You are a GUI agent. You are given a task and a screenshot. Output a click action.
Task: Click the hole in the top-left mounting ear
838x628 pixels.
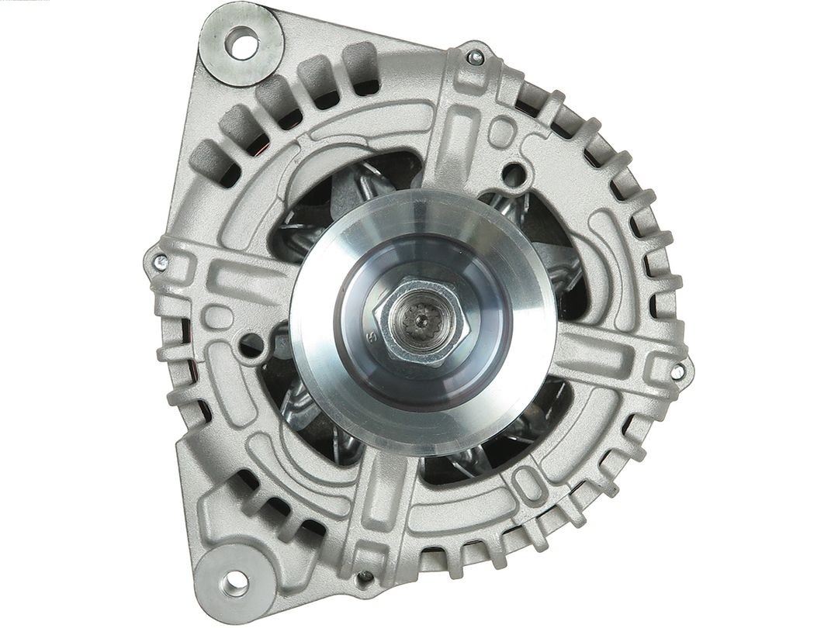point(241,42)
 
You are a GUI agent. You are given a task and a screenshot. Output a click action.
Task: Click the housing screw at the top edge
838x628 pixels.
point(476,56)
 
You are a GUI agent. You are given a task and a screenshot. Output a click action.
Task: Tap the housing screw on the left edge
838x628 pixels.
point(160,261)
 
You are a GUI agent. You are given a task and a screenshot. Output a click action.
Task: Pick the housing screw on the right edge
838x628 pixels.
point(677,371)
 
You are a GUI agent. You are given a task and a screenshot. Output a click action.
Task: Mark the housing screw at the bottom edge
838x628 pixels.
point(365,577)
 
